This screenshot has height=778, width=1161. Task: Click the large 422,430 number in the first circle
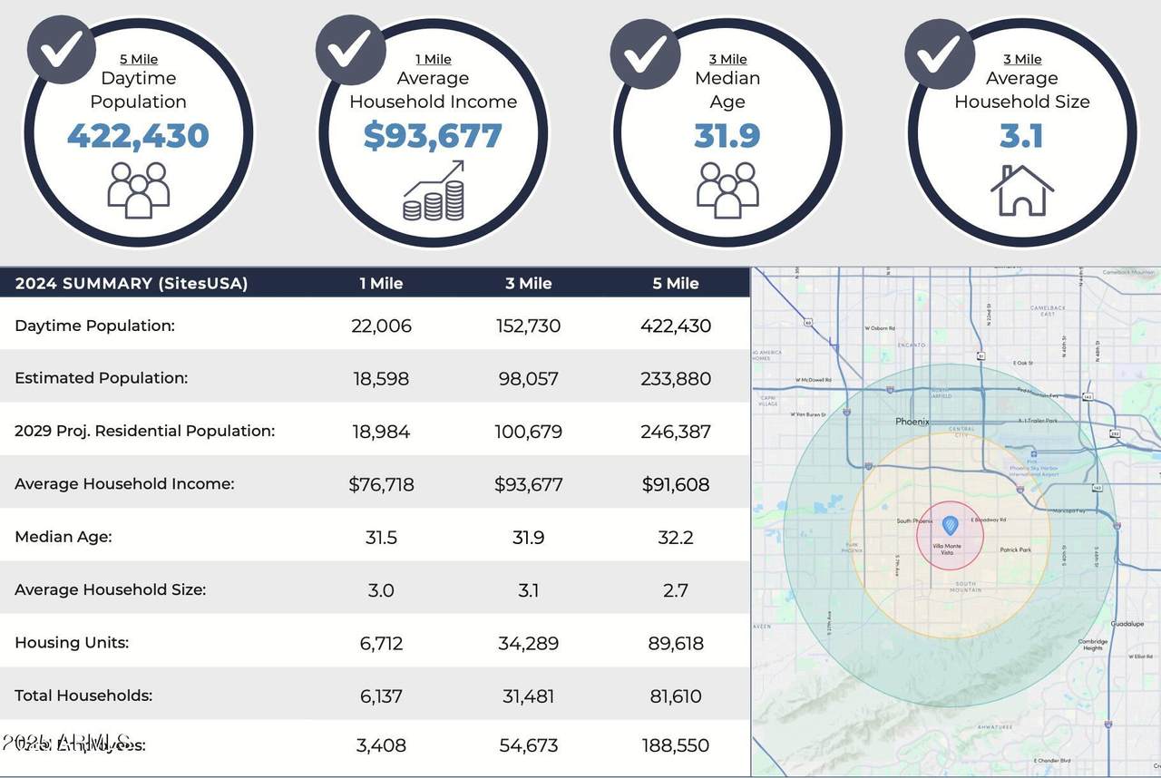[138, 136]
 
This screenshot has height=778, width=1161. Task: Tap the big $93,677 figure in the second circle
[433, 136]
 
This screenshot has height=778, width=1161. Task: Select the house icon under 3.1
[1021, 190]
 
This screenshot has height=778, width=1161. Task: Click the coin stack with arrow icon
[434, 191]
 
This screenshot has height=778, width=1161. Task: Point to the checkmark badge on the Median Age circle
[646, 53]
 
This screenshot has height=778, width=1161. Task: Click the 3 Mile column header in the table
[528, 283]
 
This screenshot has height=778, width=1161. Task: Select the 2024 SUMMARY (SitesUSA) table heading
[131, 283]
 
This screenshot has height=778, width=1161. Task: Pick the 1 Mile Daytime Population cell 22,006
[381, 326]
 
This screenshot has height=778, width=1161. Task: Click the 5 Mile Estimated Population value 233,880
[676, 378]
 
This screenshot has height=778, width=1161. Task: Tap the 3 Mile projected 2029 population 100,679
[528, 432]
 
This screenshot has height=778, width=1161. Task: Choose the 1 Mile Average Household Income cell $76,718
[381, 484]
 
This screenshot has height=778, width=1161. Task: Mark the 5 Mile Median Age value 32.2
[676, 537]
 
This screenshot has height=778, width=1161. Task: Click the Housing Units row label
[72, 642]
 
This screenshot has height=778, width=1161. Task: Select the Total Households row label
[83, 695]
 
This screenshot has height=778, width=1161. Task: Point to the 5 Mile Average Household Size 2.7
[676, 590]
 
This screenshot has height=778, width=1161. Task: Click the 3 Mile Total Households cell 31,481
[528, 695]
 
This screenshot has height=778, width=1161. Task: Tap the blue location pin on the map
[950, 525]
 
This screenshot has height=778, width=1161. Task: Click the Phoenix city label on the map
[912, 422]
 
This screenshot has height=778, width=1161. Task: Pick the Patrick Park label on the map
[1015, 549]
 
